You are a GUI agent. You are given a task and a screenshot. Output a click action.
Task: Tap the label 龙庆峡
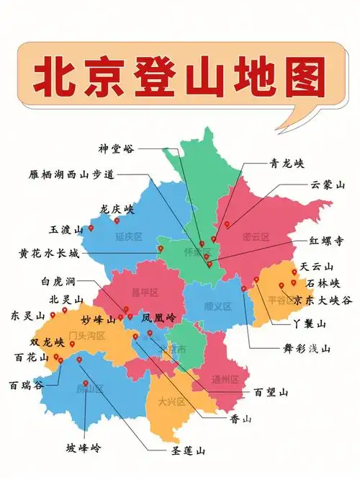click(117, 208)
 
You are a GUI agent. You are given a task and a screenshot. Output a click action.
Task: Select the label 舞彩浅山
click(307, 349)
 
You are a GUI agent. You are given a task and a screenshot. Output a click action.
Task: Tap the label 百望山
click(271, 392)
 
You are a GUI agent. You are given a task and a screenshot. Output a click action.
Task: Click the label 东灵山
click(27, 316)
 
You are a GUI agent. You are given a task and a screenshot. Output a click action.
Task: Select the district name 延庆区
click(129, 236)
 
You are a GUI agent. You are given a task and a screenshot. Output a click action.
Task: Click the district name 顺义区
click(217, 306)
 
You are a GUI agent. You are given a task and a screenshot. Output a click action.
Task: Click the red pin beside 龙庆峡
click(117, 221)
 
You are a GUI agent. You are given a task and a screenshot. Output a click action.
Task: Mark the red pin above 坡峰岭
click(86, 383)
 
